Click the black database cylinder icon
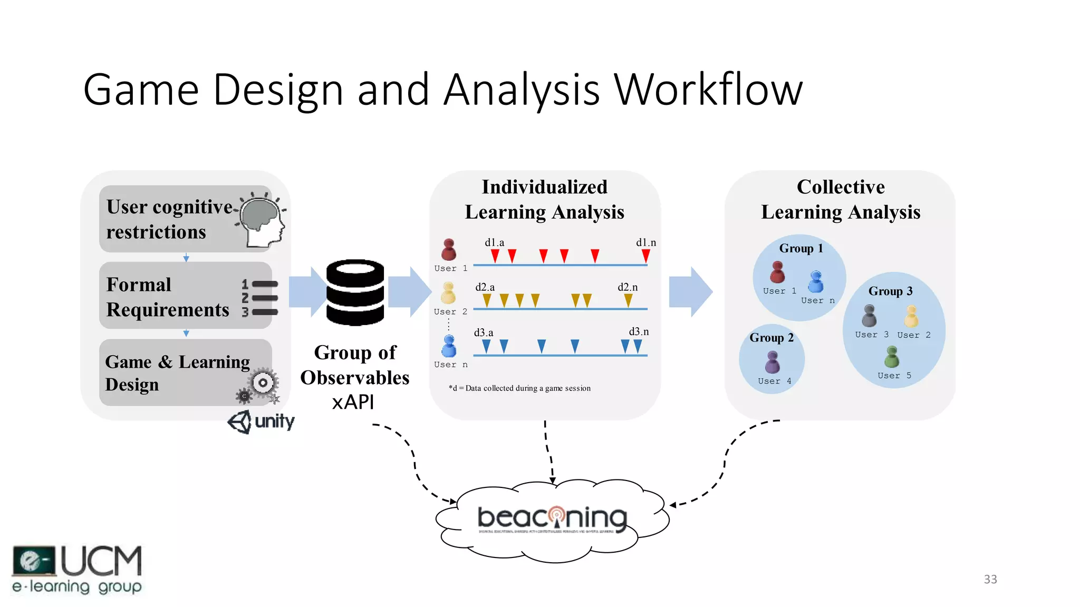(355, 292)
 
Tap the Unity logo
(261, 422)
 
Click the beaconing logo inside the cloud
(552, 518)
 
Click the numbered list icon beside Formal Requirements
(259, 298)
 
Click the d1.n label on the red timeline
(645, 242)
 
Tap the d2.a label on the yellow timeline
(485, 287)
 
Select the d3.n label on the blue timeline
(639, 331)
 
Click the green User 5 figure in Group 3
(892, 357)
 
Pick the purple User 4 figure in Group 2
(773, 363)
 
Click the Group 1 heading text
(801, 248)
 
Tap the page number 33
(990, 579)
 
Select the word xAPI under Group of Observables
(353, 402)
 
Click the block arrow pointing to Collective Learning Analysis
(690, 292)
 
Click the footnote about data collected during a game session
(519, 388)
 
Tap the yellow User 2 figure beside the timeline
(448, 293)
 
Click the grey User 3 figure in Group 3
(869, 316)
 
